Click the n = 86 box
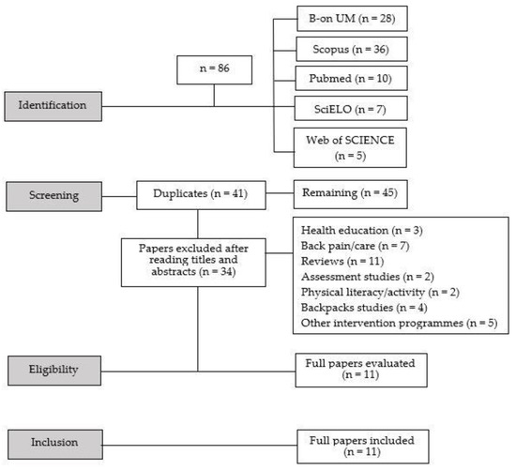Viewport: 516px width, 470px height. (x=215, y=70)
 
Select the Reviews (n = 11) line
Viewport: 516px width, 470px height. (x=342, y=259)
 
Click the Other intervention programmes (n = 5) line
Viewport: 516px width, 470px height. (x=399, y=323)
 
